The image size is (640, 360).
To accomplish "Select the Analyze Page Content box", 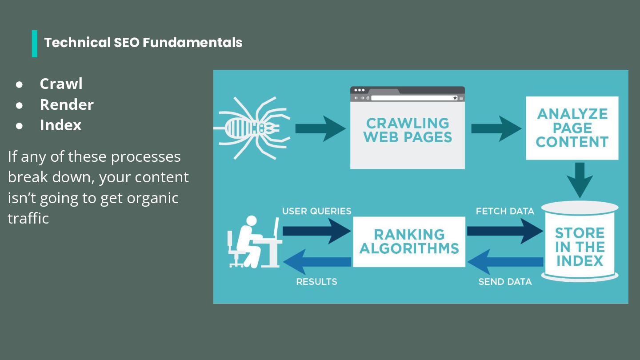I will [572, 128].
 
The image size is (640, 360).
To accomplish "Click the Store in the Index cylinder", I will [580, 242].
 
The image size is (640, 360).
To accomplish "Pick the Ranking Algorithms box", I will [409, 241].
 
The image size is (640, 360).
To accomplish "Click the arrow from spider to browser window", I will [320, 128].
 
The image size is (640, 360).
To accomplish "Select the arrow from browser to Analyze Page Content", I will [496, 128].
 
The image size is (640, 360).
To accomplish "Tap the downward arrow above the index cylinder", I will [580, 179].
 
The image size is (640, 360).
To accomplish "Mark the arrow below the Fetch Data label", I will [504, 231].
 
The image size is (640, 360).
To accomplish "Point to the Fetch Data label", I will [505, 211].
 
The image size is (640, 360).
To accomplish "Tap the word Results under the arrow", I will [316, 282].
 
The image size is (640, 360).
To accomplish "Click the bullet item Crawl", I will [61, 84].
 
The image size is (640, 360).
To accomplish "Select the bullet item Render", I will [67, 104].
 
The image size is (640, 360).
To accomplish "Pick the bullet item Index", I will [60, 125].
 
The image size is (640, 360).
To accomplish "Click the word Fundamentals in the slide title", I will [192, 43].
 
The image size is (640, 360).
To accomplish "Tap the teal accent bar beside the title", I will [35, 44].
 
